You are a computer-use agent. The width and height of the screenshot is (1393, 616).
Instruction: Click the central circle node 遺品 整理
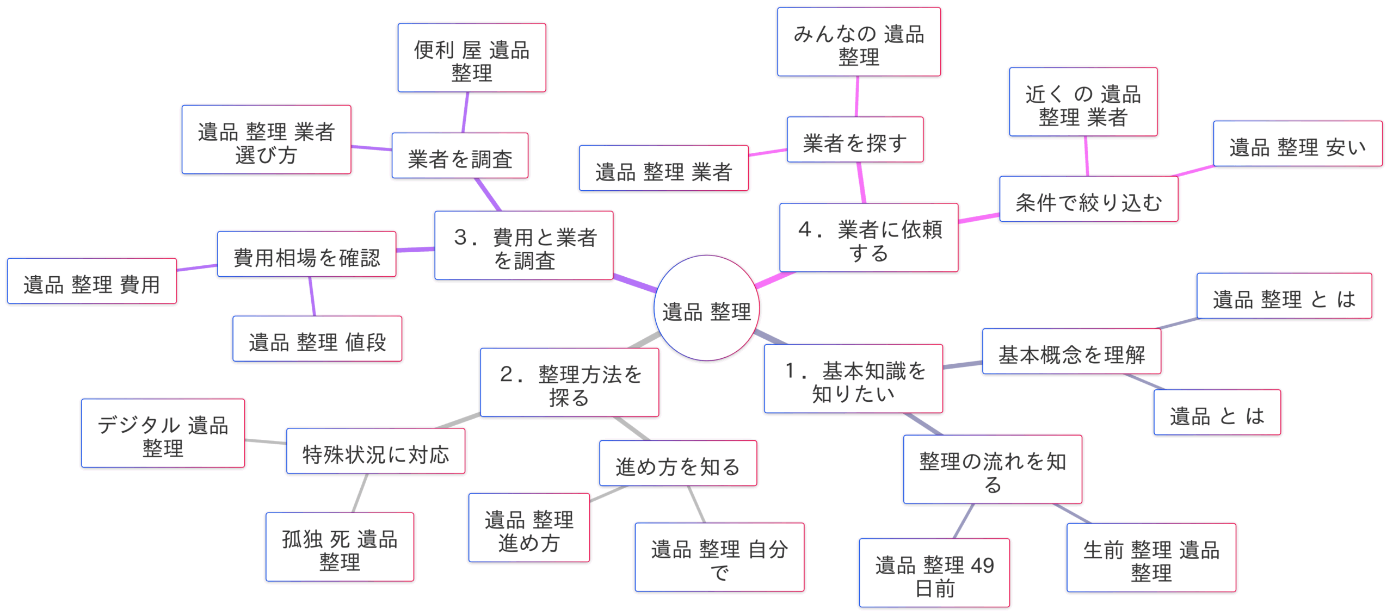click(706, 308)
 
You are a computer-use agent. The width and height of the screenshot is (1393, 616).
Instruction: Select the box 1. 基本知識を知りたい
click(853, 378)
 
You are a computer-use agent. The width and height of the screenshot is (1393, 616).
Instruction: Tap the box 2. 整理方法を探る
click(569, 382)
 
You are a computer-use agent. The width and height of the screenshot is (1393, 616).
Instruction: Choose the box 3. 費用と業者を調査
click(523, 245)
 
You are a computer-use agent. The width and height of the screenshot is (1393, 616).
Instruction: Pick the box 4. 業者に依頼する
click(868, 238)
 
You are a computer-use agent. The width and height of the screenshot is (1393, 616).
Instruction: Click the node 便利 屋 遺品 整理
click(471, 58)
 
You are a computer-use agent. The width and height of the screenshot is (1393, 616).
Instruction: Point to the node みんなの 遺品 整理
click(859, 42)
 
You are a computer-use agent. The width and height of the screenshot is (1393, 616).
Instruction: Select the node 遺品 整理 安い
click(1297, 144)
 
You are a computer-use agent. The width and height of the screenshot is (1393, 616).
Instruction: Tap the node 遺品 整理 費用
click(91, 281)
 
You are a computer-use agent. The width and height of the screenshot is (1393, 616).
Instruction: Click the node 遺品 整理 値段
click(317, 339)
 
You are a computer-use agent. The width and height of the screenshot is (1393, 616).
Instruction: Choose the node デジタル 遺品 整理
click(163, 433)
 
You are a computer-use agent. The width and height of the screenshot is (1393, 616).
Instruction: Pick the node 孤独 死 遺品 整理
click(340, 547)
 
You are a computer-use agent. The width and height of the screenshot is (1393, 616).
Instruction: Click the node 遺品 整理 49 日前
click(934, 573)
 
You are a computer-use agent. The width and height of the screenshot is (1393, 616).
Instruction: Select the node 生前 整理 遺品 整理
click(1151, 557)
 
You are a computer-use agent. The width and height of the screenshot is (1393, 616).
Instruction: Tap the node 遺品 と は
click(1217, 412)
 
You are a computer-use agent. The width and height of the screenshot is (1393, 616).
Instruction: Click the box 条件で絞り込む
click(1088, 199)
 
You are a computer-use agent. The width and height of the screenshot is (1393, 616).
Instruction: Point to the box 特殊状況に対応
click(375, 451)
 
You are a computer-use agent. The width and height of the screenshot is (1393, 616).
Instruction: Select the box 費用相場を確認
click(306, 254)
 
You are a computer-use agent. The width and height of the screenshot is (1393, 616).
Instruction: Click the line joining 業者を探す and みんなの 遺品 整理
click(857, 96)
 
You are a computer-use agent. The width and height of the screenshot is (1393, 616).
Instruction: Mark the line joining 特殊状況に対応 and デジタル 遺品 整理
click(266, 441)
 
